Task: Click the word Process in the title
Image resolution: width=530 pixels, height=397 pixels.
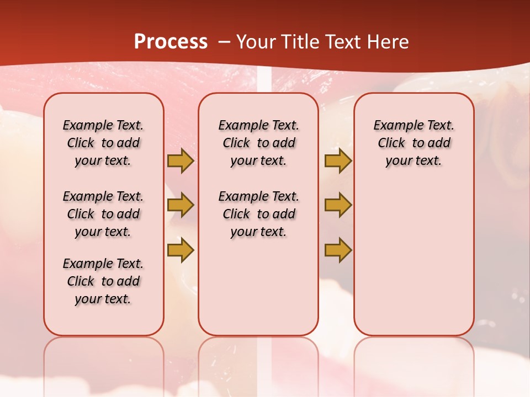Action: pos(171,42)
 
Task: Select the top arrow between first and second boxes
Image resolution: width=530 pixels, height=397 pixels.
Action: pos(180,160)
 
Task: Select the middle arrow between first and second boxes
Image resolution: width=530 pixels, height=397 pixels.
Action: pos(180,205)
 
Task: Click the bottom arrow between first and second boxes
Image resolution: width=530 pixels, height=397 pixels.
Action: pos(180,250)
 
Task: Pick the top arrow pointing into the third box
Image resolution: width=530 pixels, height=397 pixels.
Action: pos(338,160)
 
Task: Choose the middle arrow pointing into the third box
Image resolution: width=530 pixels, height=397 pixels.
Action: pos(338,205)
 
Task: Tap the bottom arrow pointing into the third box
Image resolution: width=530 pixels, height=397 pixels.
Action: pos(338,250)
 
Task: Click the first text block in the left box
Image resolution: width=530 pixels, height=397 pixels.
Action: pos(103,143)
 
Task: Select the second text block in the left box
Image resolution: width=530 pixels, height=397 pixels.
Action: pos(103,214)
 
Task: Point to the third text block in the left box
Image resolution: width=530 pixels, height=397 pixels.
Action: pos(103,281)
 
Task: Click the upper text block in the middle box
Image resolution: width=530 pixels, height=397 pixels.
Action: pos(258,143)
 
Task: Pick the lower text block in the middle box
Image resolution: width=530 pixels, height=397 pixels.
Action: pos(258,214)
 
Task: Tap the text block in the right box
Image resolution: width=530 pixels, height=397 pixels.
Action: pos(414,143)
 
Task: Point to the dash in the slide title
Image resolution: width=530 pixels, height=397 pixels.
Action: pos(224,42)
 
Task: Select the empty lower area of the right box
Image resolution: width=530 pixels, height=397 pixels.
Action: pos(414,259)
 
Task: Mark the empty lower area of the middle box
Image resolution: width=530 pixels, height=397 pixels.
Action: pos(258,287)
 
